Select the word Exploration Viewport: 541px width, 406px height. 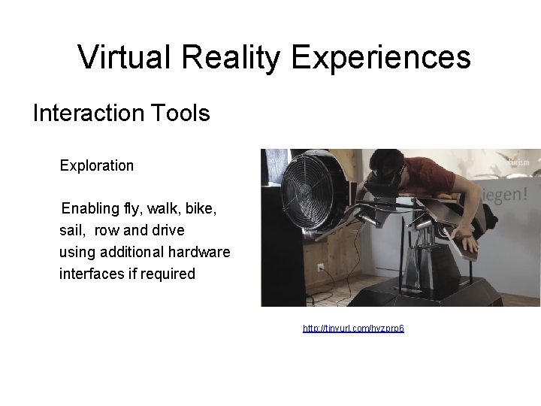pyautogui.click(x=96, y=165)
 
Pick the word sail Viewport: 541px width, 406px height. pyautogui.click(x=72, y=229)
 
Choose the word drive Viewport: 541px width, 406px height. pyautogui.click(x=167, y=229)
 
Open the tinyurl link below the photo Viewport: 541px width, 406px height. pyautogui.click(x=353, y=329)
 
